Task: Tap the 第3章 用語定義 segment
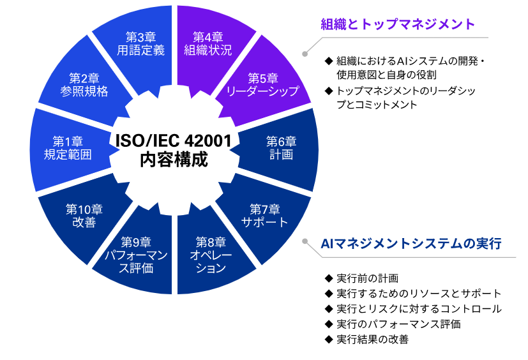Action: point(140,44)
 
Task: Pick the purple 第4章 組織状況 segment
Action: point(209,44)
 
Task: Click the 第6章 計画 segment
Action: point(281,148)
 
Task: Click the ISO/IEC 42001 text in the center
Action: point(174,141)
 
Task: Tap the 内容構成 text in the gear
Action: point(174,160)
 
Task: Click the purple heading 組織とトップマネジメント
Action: point(398,24)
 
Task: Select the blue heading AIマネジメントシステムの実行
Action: point(411,243)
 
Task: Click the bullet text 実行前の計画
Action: point(367,278)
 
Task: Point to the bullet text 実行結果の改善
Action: point(372,339)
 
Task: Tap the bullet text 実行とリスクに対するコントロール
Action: point(419,309)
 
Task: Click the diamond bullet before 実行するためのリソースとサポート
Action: point(329,294)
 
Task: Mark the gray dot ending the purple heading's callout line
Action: point(305,54)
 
